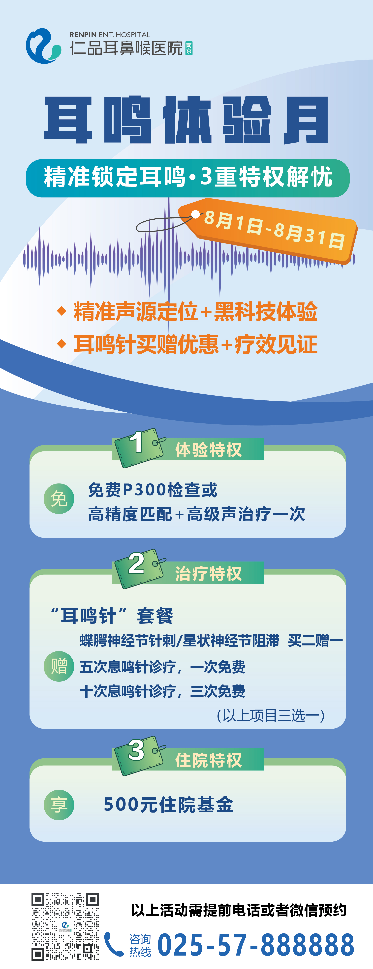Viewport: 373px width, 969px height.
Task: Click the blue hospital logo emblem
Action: tap(43, 46)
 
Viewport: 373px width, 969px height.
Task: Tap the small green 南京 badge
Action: tap(189, 48)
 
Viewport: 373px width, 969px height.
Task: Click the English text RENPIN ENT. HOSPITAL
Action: tap(110, 35)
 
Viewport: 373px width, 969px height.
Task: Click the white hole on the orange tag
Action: tap(195, 214)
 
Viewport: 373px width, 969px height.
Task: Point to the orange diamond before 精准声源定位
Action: tap(62, 311)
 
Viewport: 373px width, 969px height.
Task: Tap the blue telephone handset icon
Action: tap(113, 944)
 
